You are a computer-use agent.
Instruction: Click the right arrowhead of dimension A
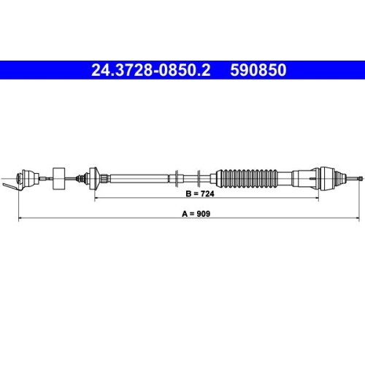pos(357,218)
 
